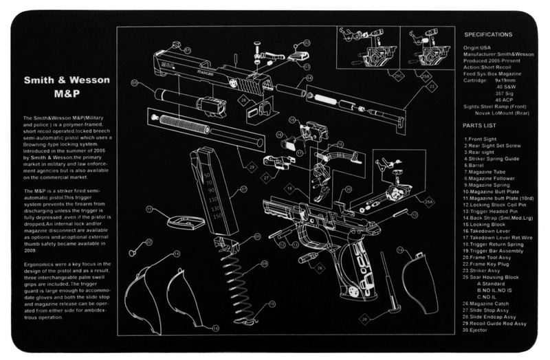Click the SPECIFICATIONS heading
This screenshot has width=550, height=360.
(x=487, y=34)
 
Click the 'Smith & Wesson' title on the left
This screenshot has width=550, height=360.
(x=66, y=80)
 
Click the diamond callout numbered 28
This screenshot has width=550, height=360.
(x=243, y=100)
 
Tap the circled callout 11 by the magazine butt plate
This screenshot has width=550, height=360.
(x=149, y=209)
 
